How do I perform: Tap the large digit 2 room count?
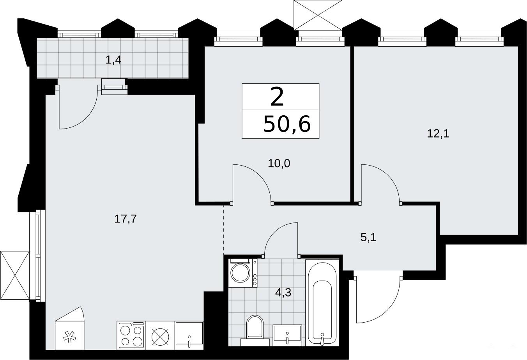[277, 97]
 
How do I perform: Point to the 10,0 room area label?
[279, 163]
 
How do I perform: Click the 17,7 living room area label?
[126, 219]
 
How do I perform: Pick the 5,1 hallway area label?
[368, 238]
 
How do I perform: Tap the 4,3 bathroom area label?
[283, 293]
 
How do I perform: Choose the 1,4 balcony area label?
[113, 60]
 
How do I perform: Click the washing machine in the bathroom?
[243, 273]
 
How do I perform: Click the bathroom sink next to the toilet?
[287, 335]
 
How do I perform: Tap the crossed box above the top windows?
[318, 15]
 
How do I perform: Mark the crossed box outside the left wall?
[15, 275]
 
